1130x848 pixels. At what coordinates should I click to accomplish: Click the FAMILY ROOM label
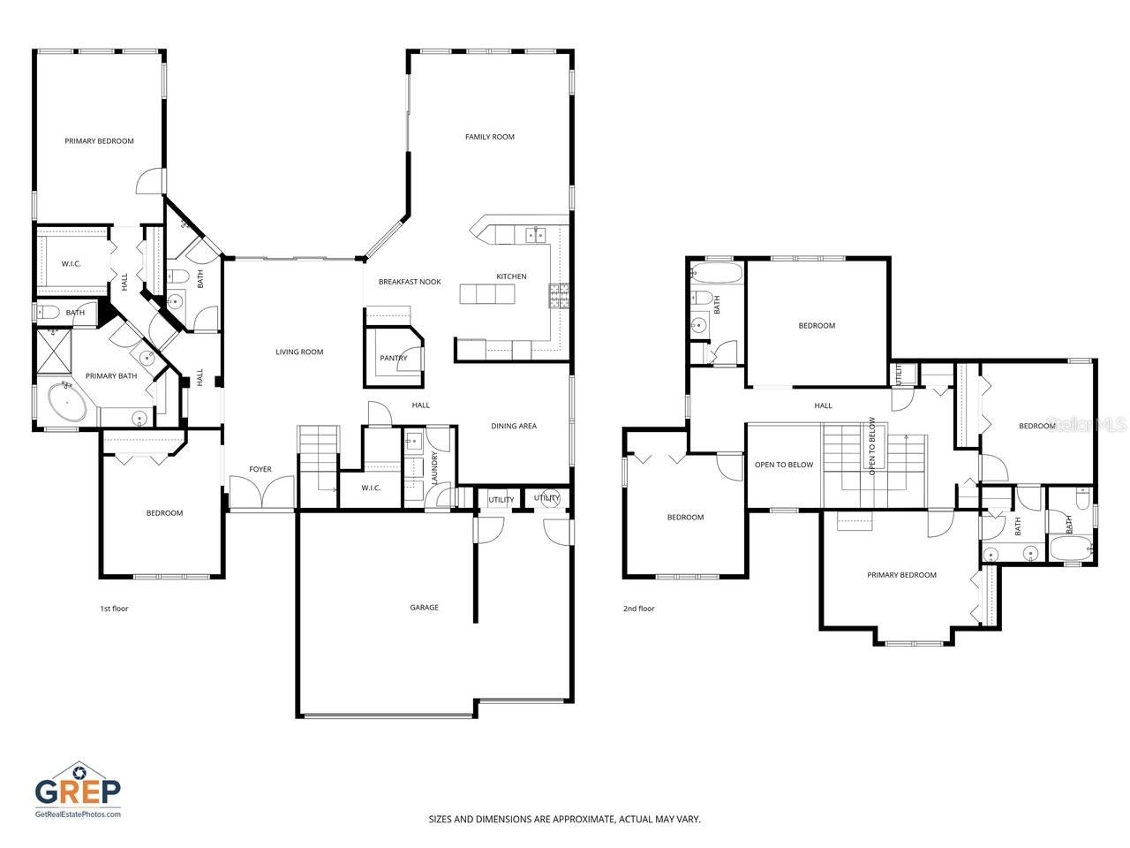489,137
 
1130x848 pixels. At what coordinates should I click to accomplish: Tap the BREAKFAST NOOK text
410,282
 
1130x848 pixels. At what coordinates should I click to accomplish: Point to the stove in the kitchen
559,294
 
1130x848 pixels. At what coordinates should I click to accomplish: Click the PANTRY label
393,358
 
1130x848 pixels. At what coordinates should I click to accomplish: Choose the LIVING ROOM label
299,352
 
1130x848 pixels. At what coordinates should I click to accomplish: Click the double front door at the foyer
261,493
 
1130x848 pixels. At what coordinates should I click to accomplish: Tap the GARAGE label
424,607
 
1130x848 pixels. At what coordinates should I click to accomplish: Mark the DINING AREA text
514,426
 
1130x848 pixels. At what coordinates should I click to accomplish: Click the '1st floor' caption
114,608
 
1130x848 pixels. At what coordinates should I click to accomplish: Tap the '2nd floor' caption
639,608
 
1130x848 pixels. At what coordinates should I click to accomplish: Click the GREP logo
78,785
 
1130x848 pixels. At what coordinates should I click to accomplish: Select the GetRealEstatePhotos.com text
78,814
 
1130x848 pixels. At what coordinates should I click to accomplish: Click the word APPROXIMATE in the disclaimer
577,819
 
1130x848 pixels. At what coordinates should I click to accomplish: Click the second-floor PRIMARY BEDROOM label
901,575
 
